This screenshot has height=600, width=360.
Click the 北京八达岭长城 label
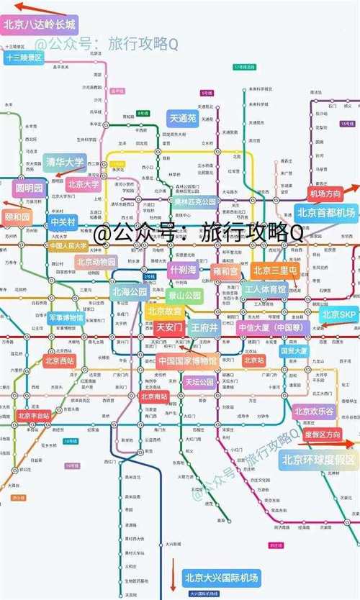coord(39,24)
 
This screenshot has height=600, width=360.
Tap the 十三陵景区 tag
coord(23,58)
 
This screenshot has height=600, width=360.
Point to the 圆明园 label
coord(30,188)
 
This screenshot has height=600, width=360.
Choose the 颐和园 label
coord(17,216)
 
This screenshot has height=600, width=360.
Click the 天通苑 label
coord(183,118)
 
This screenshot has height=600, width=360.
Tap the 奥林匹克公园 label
coord(194,202)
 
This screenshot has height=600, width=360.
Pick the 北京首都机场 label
coord(326,213)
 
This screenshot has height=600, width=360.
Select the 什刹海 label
coord(182,270)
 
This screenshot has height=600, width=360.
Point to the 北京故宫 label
coord(165,311)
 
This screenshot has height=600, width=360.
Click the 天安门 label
coord(169,328)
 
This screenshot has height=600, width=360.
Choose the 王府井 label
coord(204,328)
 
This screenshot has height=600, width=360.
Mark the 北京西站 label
coord(59,360)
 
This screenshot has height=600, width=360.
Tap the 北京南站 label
coord(153,396)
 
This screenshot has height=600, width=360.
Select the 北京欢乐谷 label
coord(315,412)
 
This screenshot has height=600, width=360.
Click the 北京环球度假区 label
coord(318,460)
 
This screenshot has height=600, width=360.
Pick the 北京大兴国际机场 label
coord(220,578)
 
